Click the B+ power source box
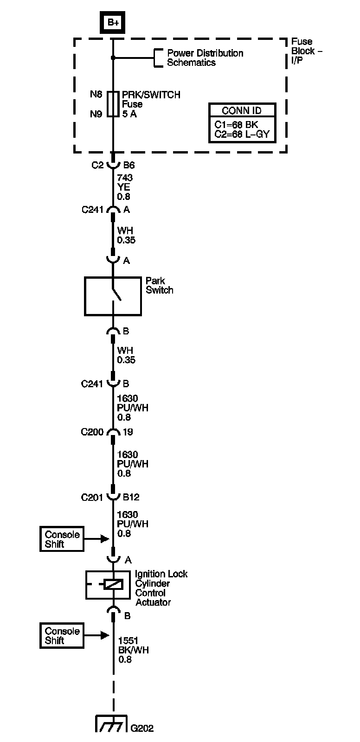(x=113, y=22)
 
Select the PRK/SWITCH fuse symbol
(x=113, y=104)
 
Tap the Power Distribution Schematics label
(x=205, y=58)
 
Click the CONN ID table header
(x=241, y=110)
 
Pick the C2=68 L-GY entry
(x=242, y=134)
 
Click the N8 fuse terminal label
(x=96, y=95)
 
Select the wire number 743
(x=125, y=178)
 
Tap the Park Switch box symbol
(x=113, y=296)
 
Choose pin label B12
(x=131, y=497)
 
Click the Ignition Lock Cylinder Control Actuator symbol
(x=113, y=585)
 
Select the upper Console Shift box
(x=62, y=539)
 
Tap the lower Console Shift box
(x=62, y=635)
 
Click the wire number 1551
(x=129, y=641)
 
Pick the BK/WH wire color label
(x=133, y=650)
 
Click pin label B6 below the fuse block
(x=129, y=165)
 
